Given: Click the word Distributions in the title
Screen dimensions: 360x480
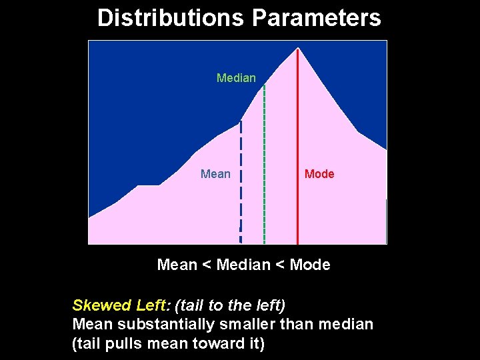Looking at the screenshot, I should point(170,17).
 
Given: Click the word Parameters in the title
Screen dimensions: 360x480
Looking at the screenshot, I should point(316,17).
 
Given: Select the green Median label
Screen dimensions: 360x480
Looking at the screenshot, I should point(236,78).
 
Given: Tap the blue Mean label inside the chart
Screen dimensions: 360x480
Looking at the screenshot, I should point(215,174).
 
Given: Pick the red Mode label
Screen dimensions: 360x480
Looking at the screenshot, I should point(319,174).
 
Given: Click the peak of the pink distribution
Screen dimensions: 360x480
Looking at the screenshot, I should point(297,49).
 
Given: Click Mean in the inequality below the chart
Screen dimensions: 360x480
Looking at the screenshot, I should point(177,265).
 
